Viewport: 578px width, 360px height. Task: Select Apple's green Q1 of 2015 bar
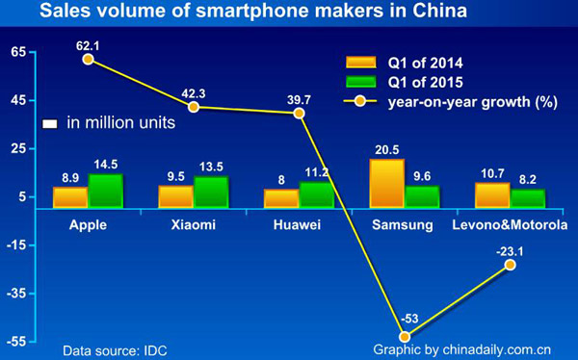click(x=105, y=191)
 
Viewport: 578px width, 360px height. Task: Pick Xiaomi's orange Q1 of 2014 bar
click(x=175, y=196)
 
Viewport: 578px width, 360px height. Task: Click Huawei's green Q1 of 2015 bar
click(x=316, y=194)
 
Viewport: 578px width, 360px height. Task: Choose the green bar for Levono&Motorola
click(x=527, y=198)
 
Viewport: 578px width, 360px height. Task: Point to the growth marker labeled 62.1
click(x=88, y=59)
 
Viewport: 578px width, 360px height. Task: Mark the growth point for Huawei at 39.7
click(x=299, y=113)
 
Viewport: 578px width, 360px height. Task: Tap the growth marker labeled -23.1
click(x=510, y=264)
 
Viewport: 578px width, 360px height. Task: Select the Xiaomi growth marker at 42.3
click(x=194, y=107)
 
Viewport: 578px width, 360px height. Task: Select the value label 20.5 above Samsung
click(x=385, y=148)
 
